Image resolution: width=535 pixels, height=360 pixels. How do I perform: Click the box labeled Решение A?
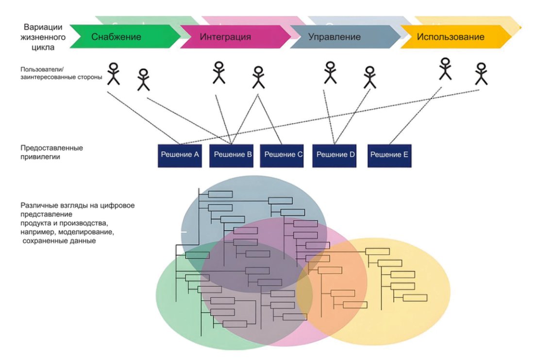pos(180,155)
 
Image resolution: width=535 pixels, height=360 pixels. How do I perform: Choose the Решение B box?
pos(232,155)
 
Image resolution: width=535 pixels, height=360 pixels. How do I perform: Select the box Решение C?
pos(282,155)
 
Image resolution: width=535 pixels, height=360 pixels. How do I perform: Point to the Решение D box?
pos(334,155)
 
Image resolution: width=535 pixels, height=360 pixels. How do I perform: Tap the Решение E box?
pos(389,155)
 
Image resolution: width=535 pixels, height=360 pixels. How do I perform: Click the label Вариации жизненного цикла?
pos(43,37)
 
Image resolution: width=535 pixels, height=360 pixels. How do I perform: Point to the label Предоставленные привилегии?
pos(51,152)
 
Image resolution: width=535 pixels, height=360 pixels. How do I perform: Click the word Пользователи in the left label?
pos(42,69)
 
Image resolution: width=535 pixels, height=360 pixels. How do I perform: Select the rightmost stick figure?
pos(481,74)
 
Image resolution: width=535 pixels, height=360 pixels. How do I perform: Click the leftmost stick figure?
pos(113,74)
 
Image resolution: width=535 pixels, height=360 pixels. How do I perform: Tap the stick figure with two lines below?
pos(258,78)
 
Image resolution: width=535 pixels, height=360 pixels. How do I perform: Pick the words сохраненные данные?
pos(59,241)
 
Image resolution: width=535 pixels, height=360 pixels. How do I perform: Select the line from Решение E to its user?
pos(416,115)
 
